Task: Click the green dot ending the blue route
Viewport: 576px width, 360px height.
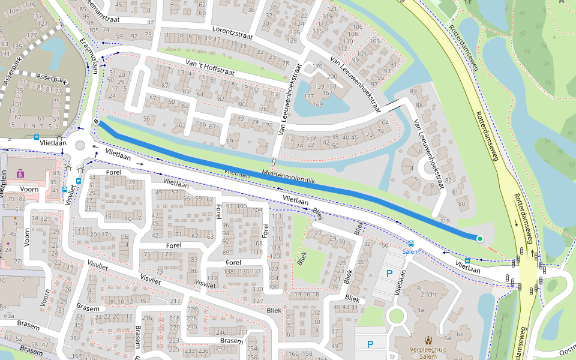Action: (x=479, y=239)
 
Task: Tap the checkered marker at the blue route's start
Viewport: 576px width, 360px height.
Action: (x=96, y=122)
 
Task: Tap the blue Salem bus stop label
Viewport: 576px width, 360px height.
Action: (x=410, y=252)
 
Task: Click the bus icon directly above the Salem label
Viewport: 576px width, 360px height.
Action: (x=410, y=244)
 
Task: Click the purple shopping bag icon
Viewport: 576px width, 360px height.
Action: (x=20, y=173)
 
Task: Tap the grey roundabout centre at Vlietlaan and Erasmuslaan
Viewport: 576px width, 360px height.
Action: (x=80, y=146)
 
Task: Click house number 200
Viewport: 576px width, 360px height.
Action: (x=331, y=77)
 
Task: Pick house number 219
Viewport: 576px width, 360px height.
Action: (x=445, y=221)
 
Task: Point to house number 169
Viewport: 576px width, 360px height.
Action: (x=317, y=104)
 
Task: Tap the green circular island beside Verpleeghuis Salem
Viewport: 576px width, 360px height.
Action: (x=397, y=316)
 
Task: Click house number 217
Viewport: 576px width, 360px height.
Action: (x=175, y=301)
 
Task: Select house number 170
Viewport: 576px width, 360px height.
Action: (x=317, y=66)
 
